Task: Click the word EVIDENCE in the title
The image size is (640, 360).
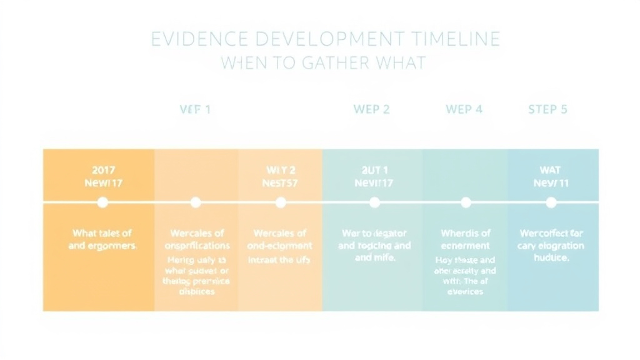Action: pyautogui.click(x=188, y=39)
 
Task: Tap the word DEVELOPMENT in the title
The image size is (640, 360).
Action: pyautogui.click(x=306, y=39)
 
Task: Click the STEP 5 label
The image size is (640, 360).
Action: pyautogui.click(x=547, y=109)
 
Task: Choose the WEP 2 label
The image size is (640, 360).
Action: pyautogui.click(x=371, y=109)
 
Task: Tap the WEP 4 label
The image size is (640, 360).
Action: pyautogui.click(x=464, y=109)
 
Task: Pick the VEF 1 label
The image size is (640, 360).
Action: pyautogui.click(x=195, y=109)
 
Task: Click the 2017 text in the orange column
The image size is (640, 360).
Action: pyautogui.click(x=103, y=169)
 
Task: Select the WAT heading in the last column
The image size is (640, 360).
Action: pyautogui.click(x=551, y=170)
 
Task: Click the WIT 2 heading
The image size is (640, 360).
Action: pyautogui.click(x=281, y=170)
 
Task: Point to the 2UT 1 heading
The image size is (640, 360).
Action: pyautogui.click(x=374, y=170)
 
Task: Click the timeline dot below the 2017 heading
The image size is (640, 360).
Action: pyautogui.click(x=103, y=202)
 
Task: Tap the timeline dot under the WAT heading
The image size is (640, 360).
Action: pyautogui.click(x=551, y=202)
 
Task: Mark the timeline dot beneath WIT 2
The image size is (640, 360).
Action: pyautogui.click(x=281, y=202)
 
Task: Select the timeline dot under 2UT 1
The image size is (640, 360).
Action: pyautogui.click(x=374, y=202)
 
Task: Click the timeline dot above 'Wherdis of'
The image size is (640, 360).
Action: pyautogui.click(x=466, y=202)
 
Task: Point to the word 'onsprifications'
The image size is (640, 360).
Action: pyautogui.click(x=197, y=246)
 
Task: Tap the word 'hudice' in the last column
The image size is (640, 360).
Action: pyautogui.click(x=551, y=257)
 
